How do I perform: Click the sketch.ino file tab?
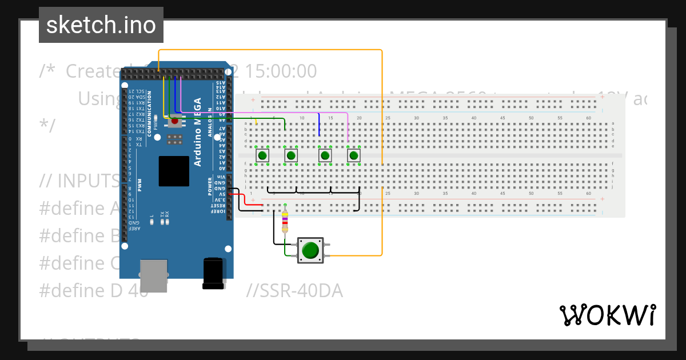(x=101, y=25)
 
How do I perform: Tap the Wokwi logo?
(x=607, y=315)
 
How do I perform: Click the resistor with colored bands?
(x=285, y=222)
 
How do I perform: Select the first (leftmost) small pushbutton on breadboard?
(x=262, y=155)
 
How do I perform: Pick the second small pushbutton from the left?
(x=291, y=155)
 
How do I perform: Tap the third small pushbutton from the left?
(x=325, y=155)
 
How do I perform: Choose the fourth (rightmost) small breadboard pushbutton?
(x=354, y=155)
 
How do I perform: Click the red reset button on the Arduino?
(x=175, y=121)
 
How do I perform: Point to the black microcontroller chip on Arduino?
(x=174, y=171)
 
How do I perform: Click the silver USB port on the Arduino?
(x=154, y=275)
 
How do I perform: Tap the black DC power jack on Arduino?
(x=213, y=273)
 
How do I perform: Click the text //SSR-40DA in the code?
(x=294, y=291)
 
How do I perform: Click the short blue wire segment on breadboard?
(x=319, y=125)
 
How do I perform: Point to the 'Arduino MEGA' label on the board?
(x=198, y=132)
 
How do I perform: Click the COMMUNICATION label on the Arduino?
(x=149, y=114)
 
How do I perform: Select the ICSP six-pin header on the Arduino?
(x=175, y=139)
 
